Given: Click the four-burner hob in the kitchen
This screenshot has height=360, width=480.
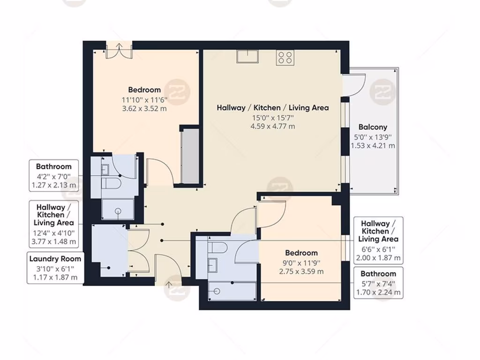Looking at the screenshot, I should (x=285, y=57).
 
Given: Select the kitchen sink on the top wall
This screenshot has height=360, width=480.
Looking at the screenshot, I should (x=247, y=56).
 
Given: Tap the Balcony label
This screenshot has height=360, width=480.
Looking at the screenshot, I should (x=373, y=127).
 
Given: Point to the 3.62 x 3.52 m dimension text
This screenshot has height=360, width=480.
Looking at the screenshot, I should (x=144, y=108).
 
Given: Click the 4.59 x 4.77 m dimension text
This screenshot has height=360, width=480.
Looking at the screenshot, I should (x=272, y=126).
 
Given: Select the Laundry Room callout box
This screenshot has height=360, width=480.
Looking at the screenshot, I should (x=55, y=268).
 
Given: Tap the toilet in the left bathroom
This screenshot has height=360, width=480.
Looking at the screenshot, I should (x=109, y=183).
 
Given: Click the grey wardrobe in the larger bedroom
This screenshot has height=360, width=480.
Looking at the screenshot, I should (x=190, y=155).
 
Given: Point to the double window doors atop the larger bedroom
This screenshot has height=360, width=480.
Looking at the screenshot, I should (x=119, y=50).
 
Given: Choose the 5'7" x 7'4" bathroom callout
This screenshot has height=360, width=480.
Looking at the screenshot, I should (x=378, y=283).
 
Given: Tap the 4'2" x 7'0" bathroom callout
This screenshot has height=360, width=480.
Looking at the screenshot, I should (x=53, y=176).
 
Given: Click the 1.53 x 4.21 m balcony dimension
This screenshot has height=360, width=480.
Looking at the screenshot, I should (x=373, y=146).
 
